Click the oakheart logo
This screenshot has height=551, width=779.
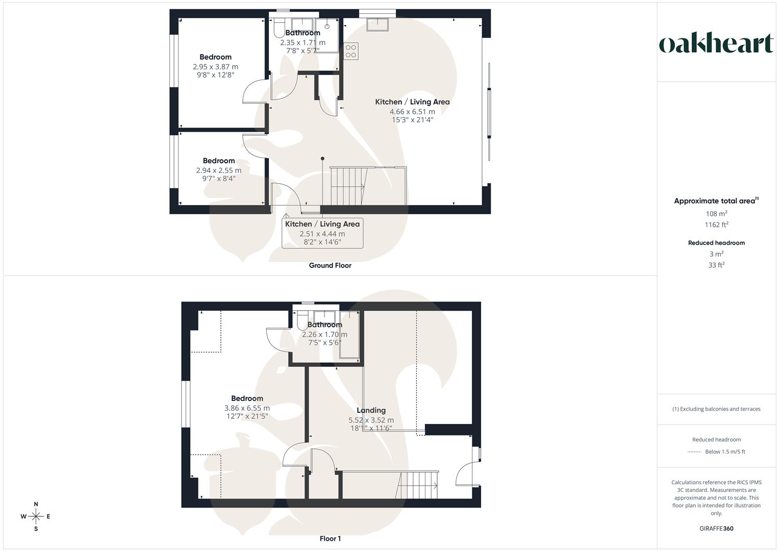coord(716,43)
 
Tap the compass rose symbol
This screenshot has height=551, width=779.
coord(36,516)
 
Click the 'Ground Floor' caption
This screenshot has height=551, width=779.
coord(330,265)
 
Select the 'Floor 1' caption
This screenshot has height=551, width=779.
coord(330,539)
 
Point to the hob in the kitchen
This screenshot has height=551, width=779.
coord(351,51)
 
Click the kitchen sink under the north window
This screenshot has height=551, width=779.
coord(378,24)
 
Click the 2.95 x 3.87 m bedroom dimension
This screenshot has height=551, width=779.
coord(215,67)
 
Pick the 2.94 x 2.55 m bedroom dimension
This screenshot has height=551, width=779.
coord(218,170)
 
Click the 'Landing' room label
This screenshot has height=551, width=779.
coord(371,410)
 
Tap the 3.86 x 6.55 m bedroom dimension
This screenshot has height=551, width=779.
coord(247,408)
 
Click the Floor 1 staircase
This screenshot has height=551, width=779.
coord(418,485)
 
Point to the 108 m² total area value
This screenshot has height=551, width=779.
coord(716,214)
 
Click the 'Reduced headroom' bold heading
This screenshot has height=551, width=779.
coord(716,243)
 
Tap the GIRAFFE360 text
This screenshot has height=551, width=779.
coord(716,529)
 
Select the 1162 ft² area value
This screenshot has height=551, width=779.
coord(716,225)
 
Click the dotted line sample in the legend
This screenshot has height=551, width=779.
coord(694,452)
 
